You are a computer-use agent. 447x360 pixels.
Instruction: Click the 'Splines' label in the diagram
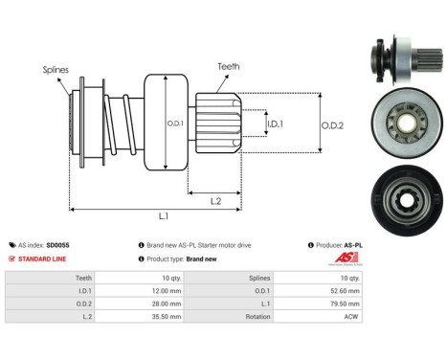[x=55, y=70]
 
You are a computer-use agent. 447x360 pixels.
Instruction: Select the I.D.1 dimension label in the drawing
[x=274, y=124]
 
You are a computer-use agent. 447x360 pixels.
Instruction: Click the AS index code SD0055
[x=58, y=245]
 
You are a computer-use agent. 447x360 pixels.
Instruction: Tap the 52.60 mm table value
[x=346, y=290]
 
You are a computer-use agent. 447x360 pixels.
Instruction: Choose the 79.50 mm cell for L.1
[x=346, y=302]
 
